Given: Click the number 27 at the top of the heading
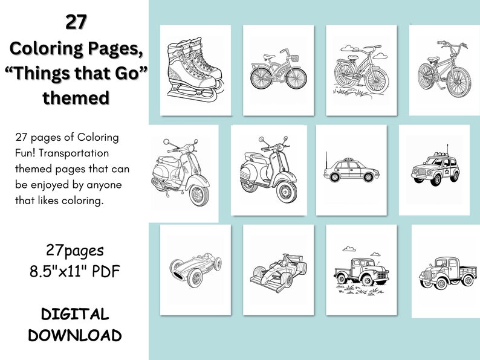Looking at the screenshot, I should pyautogui.click(x=76, y=22).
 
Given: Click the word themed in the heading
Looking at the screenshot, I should pyautogui.click(x=76, y=98).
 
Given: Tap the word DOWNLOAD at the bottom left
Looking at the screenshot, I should pyautogui.click(x=75, y=335).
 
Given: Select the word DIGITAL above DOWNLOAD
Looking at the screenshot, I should pyautogui.click(x=75, y=315).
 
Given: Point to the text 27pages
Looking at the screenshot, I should pyautogui.click(x=75, y=250).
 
